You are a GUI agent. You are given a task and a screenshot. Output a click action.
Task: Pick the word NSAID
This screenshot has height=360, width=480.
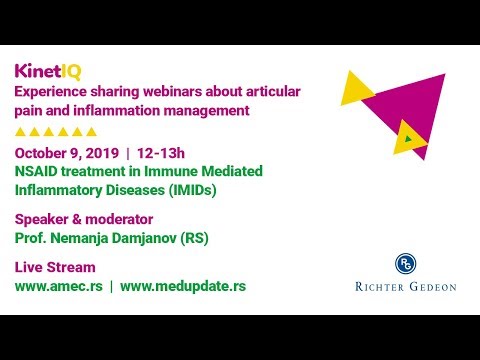pos(37,171)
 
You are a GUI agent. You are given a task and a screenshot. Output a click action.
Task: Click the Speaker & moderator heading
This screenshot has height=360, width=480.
pos(83,219)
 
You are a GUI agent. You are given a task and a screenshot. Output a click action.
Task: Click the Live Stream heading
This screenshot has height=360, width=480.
pos(55,267)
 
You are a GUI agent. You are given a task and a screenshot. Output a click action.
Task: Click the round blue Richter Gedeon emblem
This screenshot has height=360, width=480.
pos(405,263)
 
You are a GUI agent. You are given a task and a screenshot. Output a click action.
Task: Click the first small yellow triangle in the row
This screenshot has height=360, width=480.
pos(21,131)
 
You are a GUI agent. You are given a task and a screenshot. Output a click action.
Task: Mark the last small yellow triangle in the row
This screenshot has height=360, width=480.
pos(91,131)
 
